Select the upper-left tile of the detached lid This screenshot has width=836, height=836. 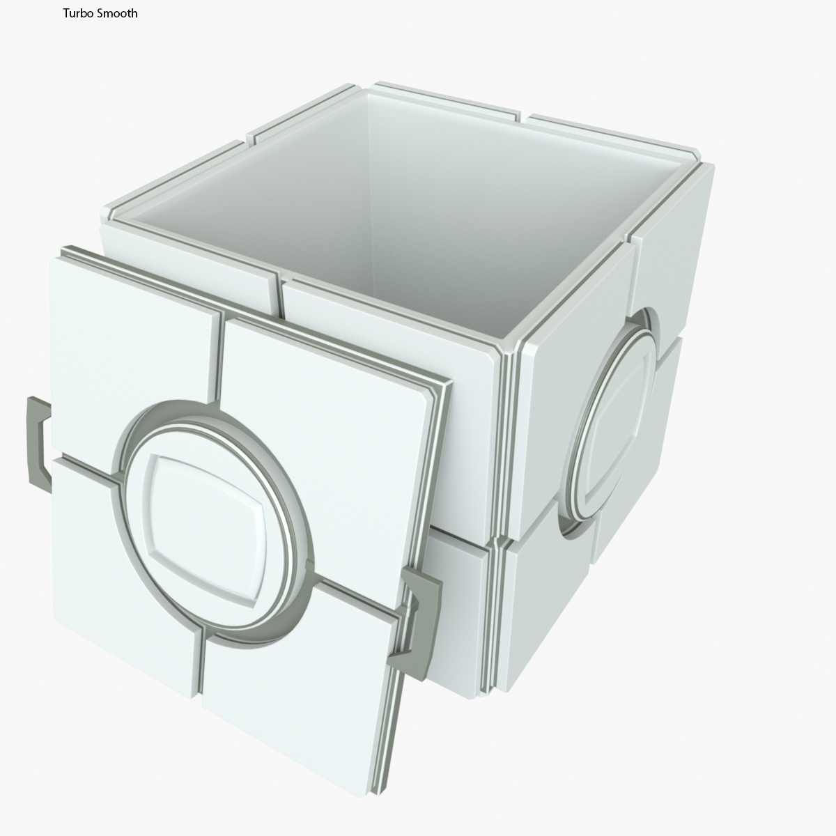tap(125, 348)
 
